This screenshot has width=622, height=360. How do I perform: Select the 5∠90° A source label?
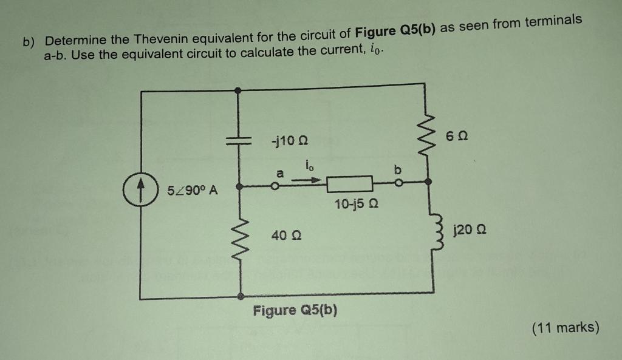pos(193,191)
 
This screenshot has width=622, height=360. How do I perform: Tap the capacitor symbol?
pos(239,141)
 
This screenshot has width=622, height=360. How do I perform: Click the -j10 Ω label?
pos(290,142)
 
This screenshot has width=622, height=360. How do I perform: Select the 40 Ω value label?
pos(284,235)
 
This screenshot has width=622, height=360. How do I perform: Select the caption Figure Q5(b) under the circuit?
pos(295,311)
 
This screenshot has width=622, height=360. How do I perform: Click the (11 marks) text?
pos(565,328)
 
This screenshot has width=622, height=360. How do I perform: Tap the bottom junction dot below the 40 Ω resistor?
pos(241,296)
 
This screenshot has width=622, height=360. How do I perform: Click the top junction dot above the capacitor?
pos(238,89)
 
